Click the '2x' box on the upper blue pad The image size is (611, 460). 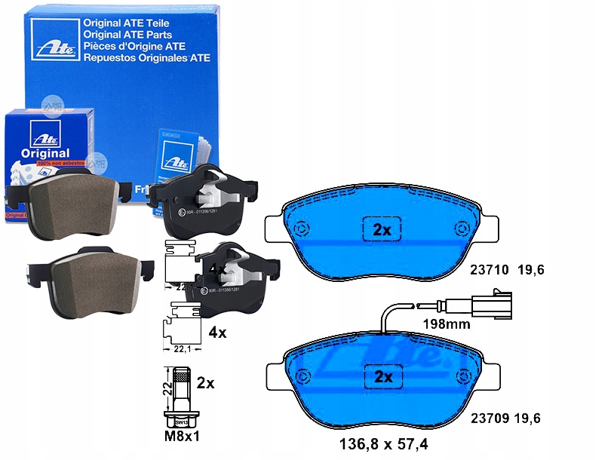[382, 228]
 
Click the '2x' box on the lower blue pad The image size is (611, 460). [382, 376]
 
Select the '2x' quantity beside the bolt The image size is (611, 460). [205, 383]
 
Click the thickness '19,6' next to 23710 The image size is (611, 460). [530, 268]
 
